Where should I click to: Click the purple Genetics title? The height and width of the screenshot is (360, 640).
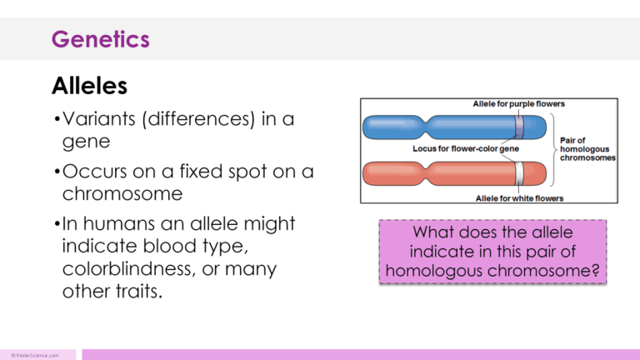pyautogui.click(x=100, y=38)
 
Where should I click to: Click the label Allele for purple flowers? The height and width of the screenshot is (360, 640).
pyautogui.click(x=519, y=104)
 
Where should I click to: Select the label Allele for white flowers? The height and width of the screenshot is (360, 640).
pyautogui.click(x=519, y=198)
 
